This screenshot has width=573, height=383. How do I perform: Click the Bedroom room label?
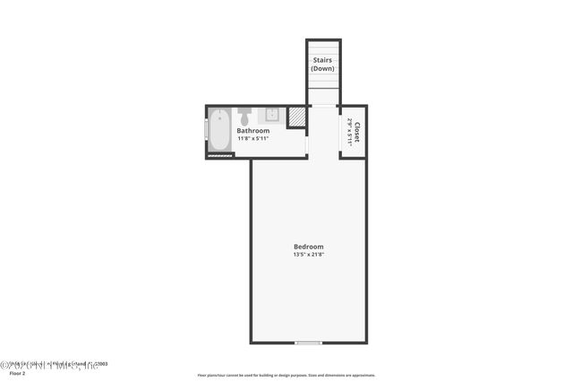pyautogui.click(x=308, y=247)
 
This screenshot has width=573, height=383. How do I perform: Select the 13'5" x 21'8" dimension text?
pyautogui.click(x=308, y=255)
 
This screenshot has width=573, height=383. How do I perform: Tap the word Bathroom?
pyautogui.click(x=252, y=131)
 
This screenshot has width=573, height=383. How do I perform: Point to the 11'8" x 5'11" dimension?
pyautogui.click(x=252, y=139)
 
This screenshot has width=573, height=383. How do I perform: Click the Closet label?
pyautogui.click(x=357, y=133)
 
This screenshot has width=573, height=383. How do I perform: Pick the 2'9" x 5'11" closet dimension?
pyautogui.click(x=349, y=133)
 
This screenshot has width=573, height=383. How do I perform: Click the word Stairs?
pyautogui.click(x=322, y=61)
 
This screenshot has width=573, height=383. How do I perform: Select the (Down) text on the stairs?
pyautogui.click(x=322, y=69)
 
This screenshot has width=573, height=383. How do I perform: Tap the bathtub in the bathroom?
pyautogui.click(x=220, y=128)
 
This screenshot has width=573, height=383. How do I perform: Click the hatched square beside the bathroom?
pyautogui.click(x=296, y=118)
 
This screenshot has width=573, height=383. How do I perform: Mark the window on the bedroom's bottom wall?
pyautogui.click(x=308, y=343)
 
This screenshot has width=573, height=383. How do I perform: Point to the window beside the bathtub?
pyautogui.click(x=208, y=131)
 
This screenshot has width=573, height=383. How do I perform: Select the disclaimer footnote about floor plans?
pyautogui.click(x=286, y=376)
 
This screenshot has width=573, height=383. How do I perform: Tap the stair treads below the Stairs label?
pyautogui.click(x=323, y=90)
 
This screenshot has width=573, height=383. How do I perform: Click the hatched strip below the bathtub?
pyautogui.click(x=221, y=155)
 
